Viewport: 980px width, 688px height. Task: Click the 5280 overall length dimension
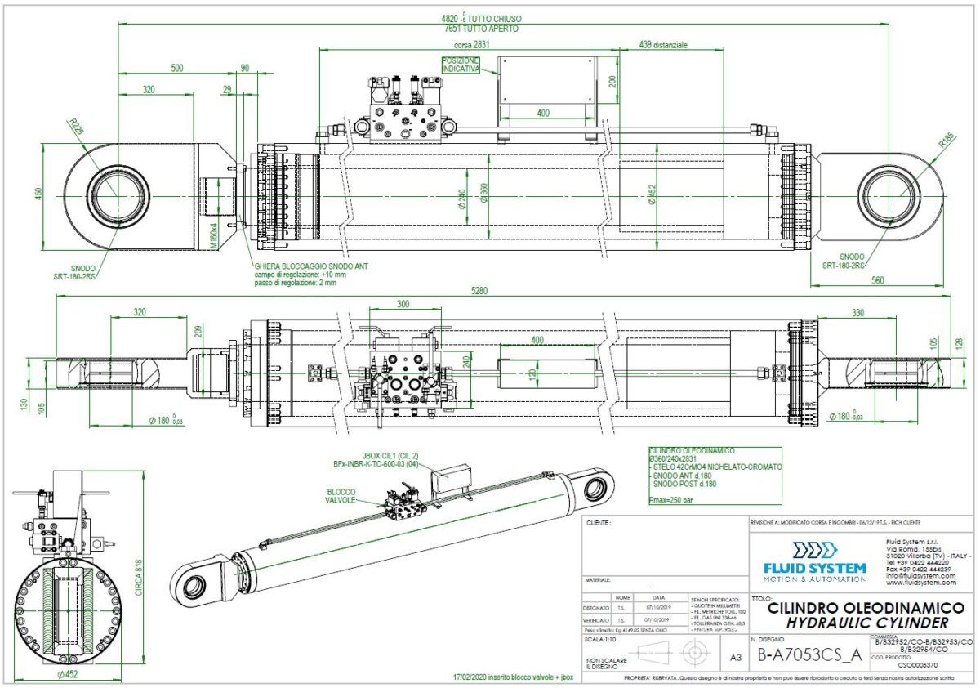coord(490,290)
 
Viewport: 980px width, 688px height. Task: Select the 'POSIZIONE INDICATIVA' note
coord(461,65)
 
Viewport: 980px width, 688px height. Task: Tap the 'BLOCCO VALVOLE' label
coord(342,496)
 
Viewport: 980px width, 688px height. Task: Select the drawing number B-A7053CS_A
coord(809,654)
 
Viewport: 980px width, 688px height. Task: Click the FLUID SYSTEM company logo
coord(813,561)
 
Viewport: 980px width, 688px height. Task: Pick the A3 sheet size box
coord(736,655)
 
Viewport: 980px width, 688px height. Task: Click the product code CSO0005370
coord(919,666)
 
